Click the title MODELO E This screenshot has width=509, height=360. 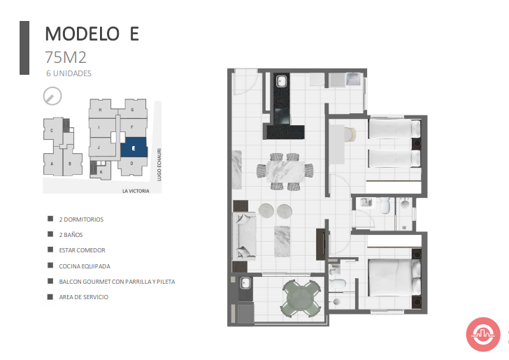pos(92,34)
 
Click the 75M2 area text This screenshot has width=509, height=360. pos(66,57)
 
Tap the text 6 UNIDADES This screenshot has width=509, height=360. pos(69,73)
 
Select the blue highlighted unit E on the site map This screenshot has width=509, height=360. pos(134,147)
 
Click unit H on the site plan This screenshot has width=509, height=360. pos(100,109)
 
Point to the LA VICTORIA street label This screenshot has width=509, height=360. pos(136,191)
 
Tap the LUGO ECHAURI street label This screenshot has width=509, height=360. pos(159,164)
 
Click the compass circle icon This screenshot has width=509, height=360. pos(52,96)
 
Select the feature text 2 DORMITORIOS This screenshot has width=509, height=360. pos(81,219)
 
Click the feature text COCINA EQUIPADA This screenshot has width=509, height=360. pos(85,266)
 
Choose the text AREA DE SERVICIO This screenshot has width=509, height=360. pos(84,297)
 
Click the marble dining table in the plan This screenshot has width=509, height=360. pos(285,171)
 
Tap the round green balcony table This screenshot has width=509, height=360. pos(301,298)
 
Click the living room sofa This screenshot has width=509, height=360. pos(245,236)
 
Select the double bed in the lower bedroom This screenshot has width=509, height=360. pos(395,278)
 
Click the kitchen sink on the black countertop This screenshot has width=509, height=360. pos(281,81)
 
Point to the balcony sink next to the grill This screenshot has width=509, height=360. pos(245,283)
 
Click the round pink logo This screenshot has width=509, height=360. pos(483,334)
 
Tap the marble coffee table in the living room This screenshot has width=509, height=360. pos(282,242)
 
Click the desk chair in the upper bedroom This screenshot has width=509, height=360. pos(350,135)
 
